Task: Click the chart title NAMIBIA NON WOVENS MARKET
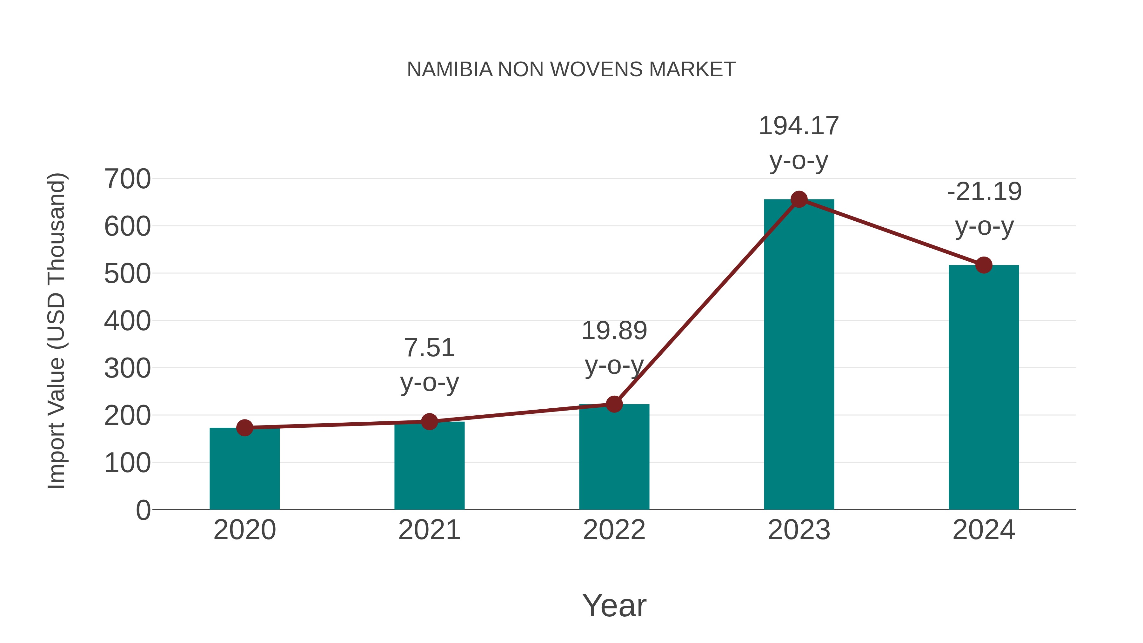pyautogui.click(x=571, y=70)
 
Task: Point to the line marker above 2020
pyautogui.click(x=244, y=428)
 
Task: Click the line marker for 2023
pyautogui.click(x=799, y=199)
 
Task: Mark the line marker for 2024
pyautogui.click(x=984, y=265)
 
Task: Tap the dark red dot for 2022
pyautogui.click(x=614, y=404)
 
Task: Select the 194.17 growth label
pyautogui.click(x=799, y=126)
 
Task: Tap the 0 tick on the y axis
pyautogui.click(x=143, y=510)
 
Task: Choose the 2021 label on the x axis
pyautogui.click(x=429, y=530)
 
